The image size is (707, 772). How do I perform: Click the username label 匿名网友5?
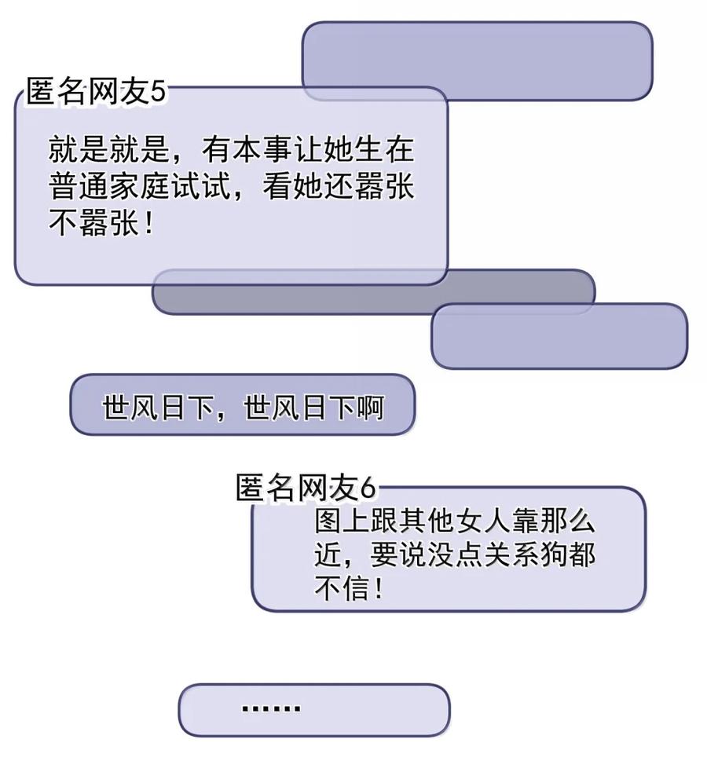click(x=97, y=92)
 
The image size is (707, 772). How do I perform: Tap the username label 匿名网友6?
click(x=306, y=488)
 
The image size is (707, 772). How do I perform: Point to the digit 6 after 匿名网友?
click(x=367, y=488)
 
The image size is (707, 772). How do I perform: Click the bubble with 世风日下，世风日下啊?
click(x=243, y=405)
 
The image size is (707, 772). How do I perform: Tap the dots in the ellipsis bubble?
click(x=271, y=708)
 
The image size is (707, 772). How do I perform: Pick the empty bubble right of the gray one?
click(x=559, y=336)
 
